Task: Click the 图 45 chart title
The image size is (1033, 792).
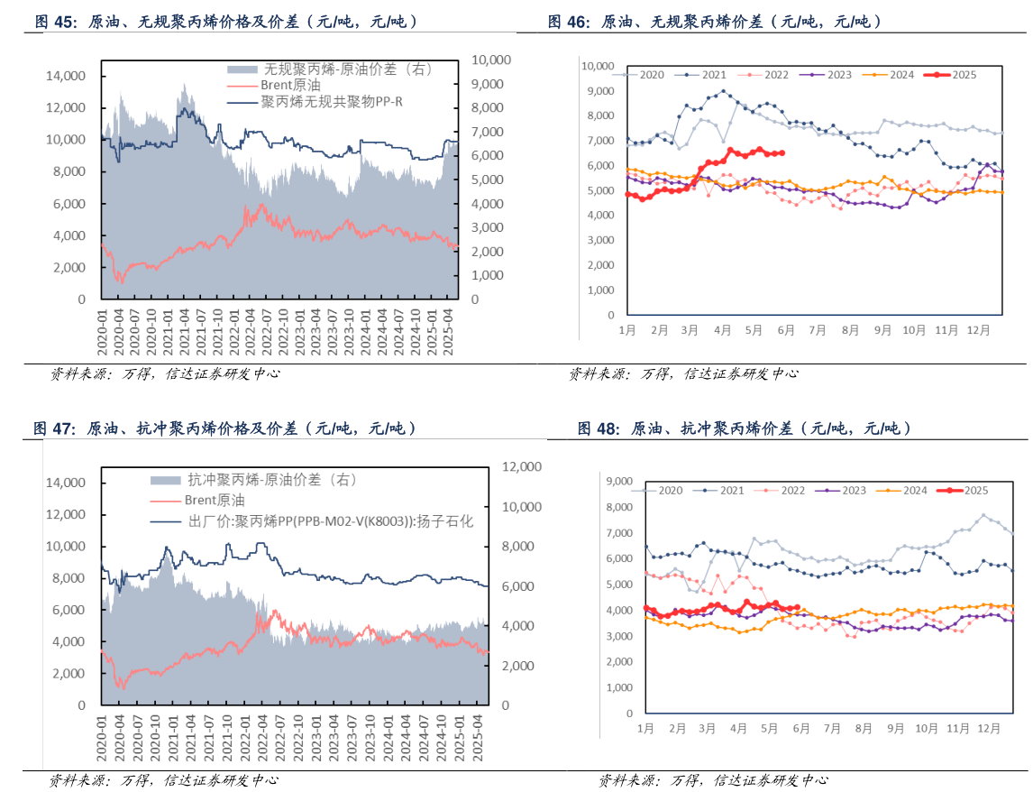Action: tap(225, 23)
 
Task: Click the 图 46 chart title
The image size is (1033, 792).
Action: tap(715, 22)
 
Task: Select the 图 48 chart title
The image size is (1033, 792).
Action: tap(745, 428)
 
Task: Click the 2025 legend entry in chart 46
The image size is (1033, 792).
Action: tap(955, 75)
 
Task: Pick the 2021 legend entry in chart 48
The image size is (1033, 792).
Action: tap(723, 491)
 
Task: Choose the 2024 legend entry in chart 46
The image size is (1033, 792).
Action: tap(892, 75)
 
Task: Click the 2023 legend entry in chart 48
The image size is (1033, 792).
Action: tap(845, 491)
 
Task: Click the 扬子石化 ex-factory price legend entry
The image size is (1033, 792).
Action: tap(328, 520)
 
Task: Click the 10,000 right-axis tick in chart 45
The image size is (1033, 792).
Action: tap(491, 60)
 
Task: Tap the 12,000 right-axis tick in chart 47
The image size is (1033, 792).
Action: tap(516, 466)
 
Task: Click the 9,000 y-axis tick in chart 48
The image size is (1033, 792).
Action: tap(621, 482)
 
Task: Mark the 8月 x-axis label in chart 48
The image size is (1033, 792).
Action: tap(863, 727)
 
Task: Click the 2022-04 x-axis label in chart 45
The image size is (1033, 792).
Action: tap(251, 331)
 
